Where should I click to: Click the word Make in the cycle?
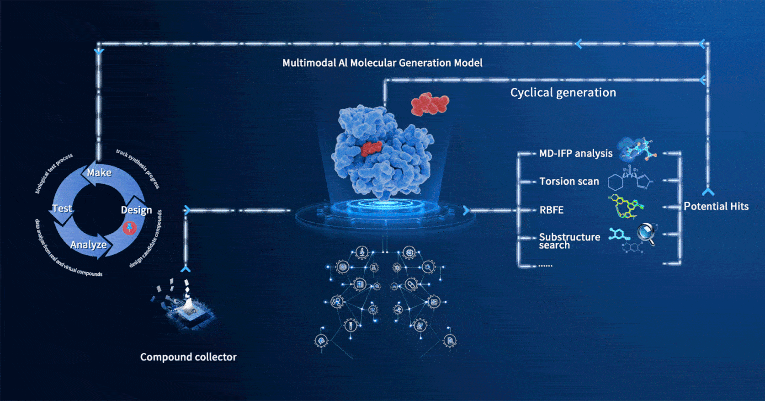pos(99,172)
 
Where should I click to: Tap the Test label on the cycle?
pos(62,208)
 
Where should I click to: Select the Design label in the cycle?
pos(136,210)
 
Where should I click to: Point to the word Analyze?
pos(89,245)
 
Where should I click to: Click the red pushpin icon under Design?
pos(130,228)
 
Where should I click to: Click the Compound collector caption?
pos(188,357)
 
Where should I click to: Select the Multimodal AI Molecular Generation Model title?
pos(382,63)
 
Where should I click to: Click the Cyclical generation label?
pos(563,92)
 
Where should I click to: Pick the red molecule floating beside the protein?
pos(430,104)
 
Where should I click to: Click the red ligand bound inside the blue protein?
pos(371,149)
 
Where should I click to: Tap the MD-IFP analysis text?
pos(576,153)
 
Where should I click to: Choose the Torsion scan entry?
pos(569,181)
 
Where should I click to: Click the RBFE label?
pos(552,210)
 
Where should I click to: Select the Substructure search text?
pos(569,241)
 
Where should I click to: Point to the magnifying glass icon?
pos(647,234)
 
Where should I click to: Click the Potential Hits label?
pos(716,206)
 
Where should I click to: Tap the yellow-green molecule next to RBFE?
pos(626,206)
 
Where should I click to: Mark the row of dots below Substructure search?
pos(545,265)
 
